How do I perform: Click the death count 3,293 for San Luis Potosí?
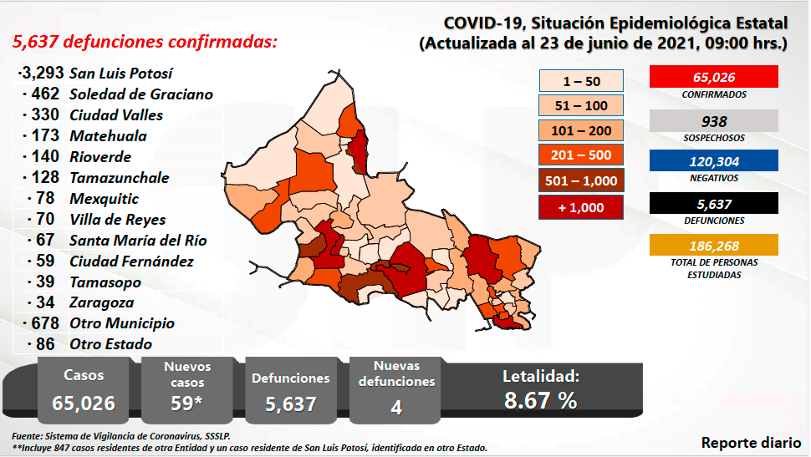pos(43,74)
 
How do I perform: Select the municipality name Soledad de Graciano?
pos(141,94)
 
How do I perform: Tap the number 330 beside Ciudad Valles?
pos(44,115)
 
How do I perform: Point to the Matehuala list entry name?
pos(109,136)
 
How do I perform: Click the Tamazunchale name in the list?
pos(120,178)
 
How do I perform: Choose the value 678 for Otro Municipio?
pos(44,323)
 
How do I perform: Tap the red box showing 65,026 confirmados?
pos(713,77)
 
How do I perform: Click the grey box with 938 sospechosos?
pos(713,121)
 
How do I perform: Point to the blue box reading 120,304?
pos(713,161)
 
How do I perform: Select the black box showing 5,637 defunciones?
pos(713,203)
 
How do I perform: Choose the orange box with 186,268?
pos(713,245)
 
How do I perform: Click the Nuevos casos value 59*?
pos(187,403)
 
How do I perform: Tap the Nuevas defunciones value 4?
pos(396,407)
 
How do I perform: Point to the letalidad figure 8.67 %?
pos(540,400)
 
